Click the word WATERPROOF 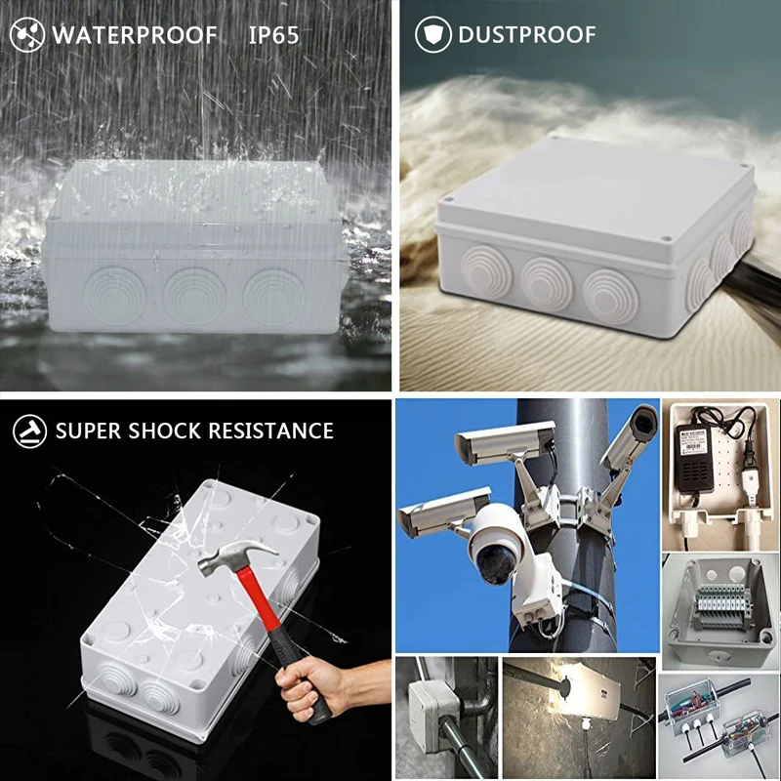[135, 36]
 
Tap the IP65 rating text [273, 36]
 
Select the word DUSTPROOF [526, 36]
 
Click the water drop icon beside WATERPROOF [27, 36]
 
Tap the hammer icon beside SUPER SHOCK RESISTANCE [27, 431]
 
